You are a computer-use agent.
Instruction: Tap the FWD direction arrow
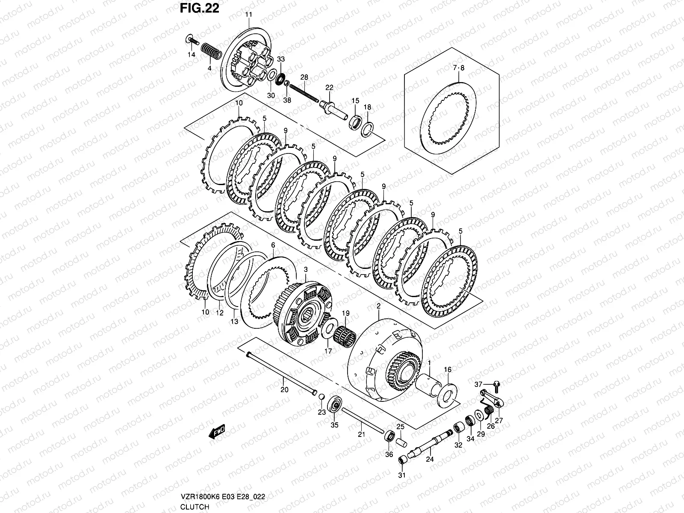point(217,432)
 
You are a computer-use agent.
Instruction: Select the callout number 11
point(248,15)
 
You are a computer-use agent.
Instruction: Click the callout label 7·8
point(458,68)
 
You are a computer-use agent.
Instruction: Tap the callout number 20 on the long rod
point(284,389)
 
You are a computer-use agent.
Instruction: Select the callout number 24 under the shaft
point(430,460)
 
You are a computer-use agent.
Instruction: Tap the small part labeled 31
point(402,460)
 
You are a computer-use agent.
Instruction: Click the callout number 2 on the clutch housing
point(378,306)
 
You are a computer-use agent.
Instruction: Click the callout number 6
point(273,246)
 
